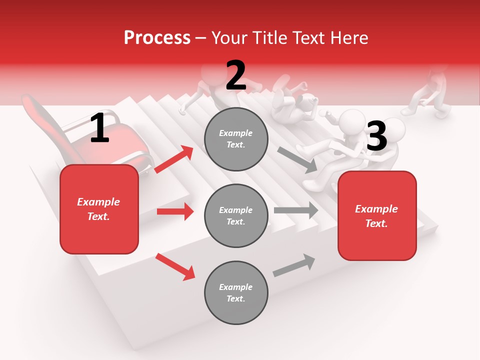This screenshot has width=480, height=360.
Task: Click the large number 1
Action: point(99,129)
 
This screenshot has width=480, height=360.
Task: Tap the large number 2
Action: point(236,76)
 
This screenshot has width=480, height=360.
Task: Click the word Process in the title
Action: point(157,38)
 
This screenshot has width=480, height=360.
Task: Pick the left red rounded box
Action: point(99,209)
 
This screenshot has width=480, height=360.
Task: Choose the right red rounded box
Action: point(377,215)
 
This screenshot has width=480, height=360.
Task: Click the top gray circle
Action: point(236,139)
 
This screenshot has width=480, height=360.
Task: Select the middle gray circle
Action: point(236,215)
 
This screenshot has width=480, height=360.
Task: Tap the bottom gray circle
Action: point(236,292)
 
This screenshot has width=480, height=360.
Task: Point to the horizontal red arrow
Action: point(175,211)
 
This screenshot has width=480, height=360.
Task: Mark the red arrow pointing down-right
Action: point(175,266)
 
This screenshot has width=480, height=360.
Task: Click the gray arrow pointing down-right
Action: point(297,159)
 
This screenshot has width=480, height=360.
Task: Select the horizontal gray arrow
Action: point(296,210)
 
